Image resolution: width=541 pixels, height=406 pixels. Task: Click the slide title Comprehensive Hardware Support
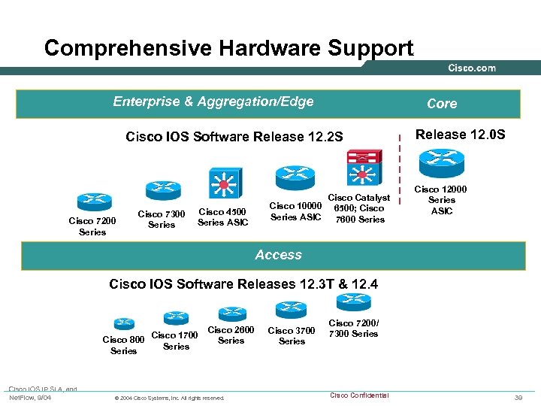pos(228,48)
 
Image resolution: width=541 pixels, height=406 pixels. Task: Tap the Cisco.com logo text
pos(472,68)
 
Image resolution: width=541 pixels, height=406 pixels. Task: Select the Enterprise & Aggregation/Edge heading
pos(213,101)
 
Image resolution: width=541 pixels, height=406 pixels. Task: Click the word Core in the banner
pos(442,104)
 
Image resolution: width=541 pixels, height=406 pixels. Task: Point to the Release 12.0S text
pos(461,135)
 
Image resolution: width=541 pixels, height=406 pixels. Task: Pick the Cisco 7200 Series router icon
pos(93,201)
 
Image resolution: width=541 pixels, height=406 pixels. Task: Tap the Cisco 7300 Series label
pos(162,220)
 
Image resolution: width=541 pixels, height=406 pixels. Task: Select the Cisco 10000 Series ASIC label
pos(295,211)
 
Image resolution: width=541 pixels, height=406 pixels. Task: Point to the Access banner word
pos(278,255)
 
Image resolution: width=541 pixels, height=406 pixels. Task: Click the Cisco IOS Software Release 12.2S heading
pos(234,137)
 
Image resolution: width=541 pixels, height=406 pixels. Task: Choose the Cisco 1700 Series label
pos(175,341)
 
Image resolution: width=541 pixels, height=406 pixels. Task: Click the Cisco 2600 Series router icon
pos(232,311)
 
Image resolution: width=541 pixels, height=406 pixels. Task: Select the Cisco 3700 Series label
pos(292,335)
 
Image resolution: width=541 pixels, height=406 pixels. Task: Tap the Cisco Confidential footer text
pos(359,395)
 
